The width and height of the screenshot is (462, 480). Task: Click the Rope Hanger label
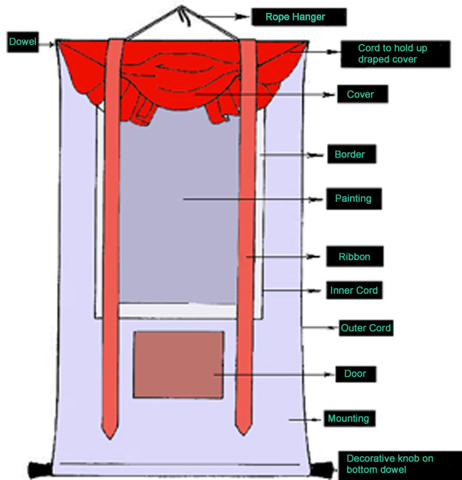299,17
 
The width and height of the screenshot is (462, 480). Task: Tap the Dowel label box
23,42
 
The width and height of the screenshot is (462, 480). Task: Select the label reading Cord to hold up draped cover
396,54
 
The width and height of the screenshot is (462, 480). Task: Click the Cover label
363,94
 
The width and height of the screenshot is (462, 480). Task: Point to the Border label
352,154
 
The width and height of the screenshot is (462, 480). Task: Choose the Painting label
354,198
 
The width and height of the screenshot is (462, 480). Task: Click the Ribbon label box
355,257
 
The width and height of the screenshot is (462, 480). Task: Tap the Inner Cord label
354,290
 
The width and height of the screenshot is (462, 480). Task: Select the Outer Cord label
366,328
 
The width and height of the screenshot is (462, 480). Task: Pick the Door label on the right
356,374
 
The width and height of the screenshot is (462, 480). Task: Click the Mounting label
349,418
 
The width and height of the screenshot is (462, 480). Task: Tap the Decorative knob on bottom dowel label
400,465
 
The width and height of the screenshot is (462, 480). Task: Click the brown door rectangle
178,365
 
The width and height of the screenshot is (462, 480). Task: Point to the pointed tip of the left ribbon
110,439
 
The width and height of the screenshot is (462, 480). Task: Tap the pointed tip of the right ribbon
244,434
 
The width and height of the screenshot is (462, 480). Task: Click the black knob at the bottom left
40,470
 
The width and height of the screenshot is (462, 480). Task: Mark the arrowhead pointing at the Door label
328,374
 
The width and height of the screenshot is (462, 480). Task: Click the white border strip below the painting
177,310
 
